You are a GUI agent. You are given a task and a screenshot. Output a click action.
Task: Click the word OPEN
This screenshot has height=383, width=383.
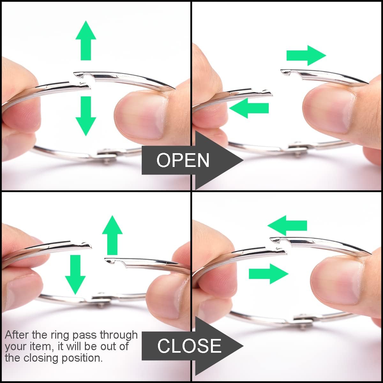(183, 160)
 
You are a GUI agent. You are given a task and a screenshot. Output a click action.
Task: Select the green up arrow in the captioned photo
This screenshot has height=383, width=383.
(112, 235)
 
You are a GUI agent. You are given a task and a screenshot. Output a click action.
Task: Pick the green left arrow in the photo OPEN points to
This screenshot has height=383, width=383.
(249, 108)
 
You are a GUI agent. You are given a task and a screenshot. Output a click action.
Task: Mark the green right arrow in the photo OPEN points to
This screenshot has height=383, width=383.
(306, 56)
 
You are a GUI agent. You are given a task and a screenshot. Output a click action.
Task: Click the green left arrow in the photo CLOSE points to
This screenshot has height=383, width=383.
(287, 226)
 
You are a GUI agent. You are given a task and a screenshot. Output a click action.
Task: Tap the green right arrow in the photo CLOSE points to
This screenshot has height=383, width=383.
(269, 274)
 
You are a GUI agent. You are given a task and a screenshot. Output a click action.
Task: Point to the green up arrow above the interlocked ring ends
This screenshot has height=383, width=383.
(86, 40)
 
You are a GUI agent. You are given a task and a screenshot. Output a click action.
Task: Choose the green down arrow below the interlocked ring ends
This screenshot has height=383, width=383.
(86, 116)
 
